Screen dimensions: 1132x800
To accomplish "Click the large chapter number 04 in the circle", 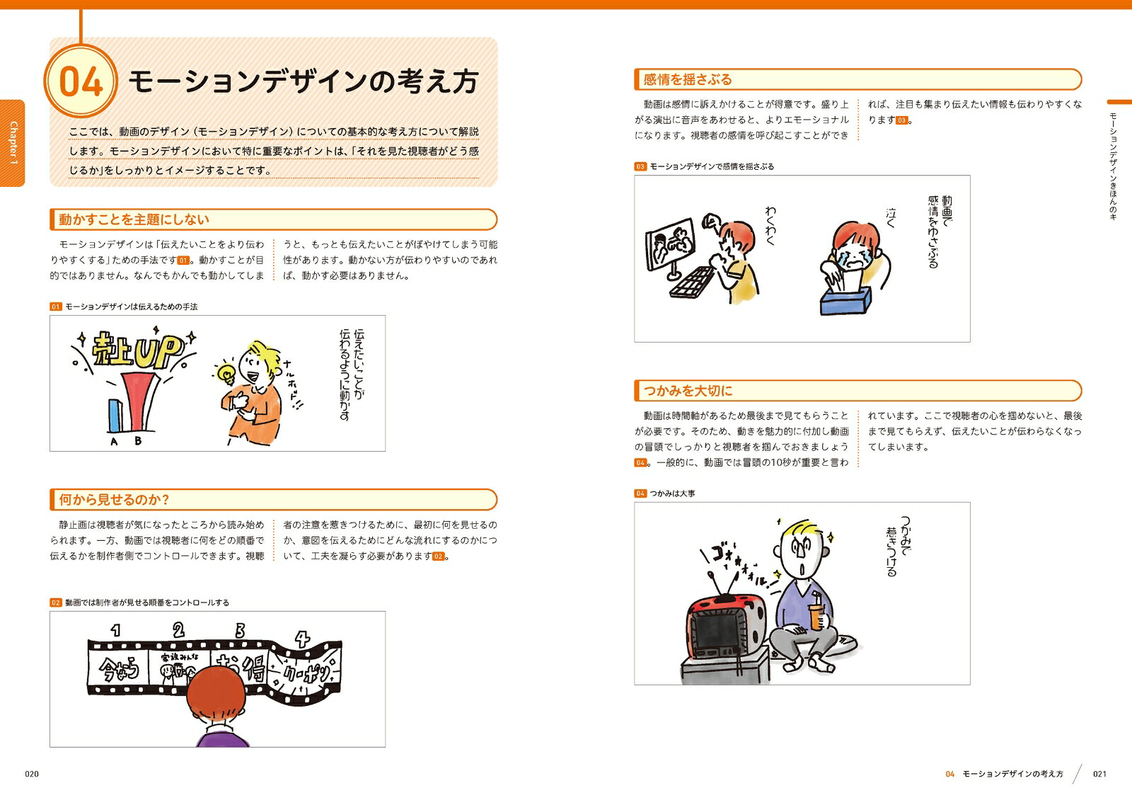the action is click(x=81, y=81).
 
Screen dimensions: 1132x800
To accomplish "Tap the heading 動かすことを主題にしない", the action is click(x=134, y=219).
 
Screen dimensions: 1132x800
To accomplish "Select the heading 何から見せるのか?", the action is click(x=114, y=500).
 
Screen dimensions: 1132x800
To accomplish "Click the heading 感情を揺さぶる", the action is click(x=687, y=79).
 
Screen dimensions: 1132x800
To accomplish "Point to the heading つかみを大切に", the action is click(x=687, y=390).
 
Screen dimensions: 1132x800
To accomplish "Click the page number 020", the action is click(x=32, y=774).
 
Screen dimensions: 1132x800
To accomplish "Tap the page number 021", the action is click(x=1099, y=774).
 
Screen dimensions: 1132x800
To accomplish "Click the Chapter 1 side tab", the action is click(x=13, y=143).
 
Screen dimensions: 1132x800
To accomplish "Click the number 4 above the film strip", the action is click(x=301, y=639).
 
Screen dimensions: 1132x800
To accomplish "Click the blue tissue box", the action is click(x=845, y=300).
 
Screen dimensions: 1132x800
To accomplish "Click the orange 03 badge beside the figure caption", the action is click(x=640, y=166).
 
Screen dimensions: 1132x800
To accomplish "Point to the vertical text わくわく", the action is click(x=770, y=226).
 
